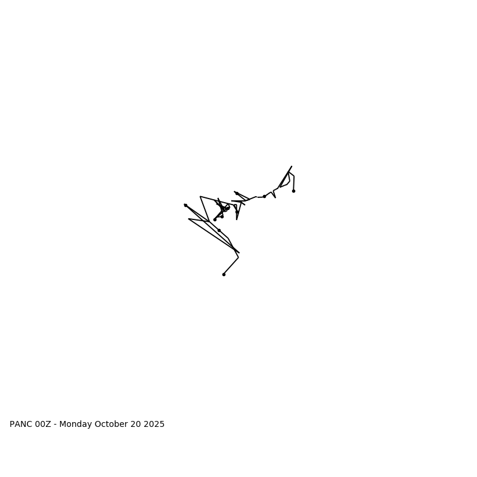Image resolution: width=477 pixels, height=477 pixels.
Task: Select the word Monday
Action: [76, 425]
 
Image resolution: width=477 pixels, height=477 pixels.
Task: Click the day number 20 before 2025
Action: [137, 425]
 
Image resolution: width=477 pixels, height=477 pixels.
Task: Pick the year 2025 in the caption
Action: [154, 425]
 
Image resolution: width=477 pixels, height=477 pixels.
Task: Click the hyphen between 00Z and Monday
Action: [55, 425]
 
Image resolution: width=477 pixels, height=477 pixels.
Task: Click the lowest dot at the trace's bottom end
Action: [224, 274]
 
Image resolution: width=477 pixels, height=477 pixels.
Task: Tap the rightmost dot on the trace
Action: [293, 191]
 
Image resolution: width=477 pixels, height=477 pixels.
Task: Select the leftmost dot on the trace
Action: [185, 205]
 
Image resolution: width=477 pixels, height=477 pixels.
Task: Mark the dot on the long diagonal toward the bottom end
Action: [219, 230]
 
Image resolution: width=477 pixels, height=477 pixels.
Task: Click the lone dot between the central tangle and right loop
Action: [264, 196]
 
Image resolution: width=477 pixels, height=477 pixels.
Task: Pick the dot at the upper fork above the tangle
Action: [237, 193]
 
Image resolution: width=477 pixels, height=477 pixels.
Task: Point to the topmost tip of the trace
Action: [292, 166]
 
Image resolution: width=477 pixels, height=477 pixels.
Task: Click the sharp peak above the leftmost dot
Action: [200, 196]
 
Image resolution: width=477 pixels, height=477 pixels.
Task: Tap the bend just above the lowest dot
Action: [238, 258]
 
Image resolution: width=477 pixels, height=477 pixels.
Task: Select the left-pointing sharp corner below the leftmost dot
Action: [188, 219]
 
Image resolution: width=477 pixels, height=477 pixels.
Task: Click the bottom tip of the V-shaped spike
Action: [237, 219]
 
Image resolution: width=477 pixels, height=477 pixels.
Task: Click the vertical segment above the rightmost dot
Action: [294, 183]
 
